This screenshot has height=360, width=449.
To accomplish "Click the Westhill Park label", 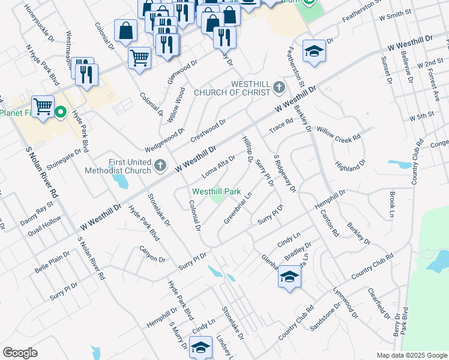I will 216,191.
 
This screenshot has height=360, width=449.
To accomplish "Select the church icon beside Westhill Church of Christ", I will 279,88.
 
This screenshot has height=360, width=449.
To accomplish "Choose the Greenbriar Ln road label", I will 238,207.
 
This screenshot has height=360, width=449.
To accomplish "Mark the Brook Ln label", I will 391,205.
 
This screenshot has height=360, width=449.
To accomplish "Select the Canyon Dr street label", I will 152,254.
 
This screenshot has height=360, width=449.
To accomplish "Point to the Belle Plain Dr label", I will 52,262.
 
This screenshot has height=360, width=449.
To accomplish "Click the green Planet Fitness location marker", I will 61,112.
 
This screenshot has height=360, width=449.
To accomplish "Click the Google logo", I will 20,353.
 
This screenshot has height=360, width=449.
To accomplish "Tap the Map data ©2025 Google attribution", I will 411,355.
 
